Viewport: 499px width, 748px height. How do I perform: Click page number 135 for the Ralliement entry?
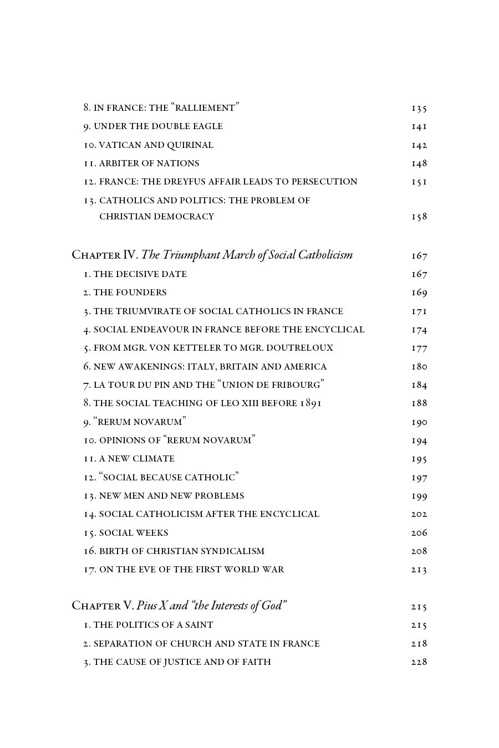[x=419, y=108]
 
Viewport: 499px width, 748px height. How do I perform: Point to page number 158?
[x=419, y=217]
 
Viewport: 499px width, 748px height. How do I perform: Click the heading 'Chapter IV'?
[x=104, y=255]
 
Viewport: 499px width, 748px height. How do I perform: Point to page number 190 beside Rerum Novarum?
[x=419, y=422]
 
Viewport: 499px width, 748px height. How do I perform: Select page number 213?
[x=419, y=570]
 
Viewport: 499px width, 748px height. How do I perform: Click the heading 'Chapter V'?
[x=103, y=606]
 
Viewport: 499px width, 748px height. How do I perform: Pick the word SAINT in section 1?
[x=198, y=625]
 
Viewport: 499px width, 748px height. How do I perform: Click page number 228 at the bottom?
[x=419, y=662]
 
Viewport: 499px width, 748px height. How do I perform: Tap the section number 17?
[x=90, y=570]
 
